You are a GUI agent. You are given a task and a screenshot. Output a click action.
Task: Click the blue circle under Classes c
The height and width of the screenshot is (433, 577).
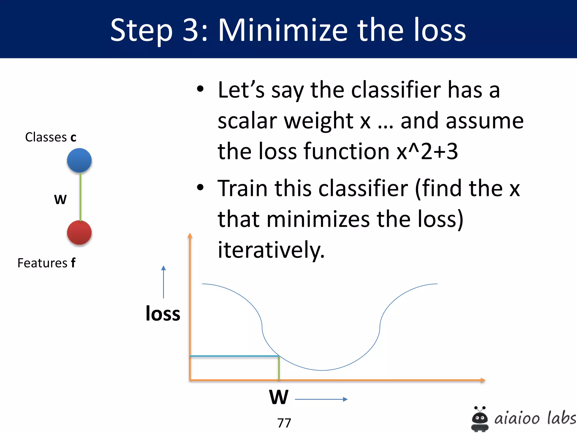79,160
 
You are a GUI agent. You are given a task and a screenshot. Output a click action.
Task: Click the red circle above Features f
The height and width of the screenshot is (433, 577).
79,233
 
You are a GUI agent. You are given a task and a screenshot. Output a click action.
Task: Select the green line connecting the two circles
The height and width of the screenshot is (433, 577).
80,197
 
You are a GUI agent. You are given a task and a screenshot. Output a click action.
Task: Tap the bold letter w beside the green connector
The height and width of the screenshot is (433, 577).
60,199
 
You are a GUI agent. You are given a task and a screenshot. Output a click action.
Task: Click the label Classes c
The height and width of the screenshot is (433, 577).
51,137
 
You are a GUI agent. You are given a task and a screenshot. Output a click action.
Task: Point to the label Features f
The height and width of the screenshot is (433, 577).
46,263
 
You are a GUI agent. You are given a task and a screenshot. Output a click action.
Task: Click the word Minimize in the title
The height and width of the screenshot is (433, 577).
283,30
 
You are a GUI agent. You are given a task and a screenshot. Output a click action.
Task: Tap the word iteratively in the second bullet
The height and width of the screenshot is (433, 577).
271,249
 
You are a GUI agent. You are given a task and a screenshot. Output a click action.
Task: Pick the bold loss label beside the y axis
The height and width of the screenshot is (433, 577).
163,313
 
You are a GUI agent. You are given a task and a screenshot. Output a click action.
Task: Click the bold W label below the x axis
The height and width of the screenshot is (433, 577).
279,397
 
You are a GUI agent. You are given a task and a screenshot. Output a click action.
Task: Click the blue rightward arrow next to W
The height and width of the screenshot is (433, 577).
321,399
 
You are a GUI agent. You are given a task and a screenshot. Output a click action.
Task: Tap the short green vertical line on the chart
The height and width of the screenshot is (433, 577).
279,368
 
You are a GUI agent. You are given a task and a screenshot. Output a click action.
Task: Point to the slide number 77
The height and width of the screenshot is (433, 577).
284,423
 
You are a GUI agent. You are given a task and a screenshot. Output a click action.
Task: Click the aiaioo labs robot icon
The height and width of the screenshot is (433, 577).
480,419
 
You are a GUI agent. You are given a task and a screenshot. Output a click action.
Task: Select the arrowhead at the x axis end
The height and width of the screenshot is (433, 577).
483,380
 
